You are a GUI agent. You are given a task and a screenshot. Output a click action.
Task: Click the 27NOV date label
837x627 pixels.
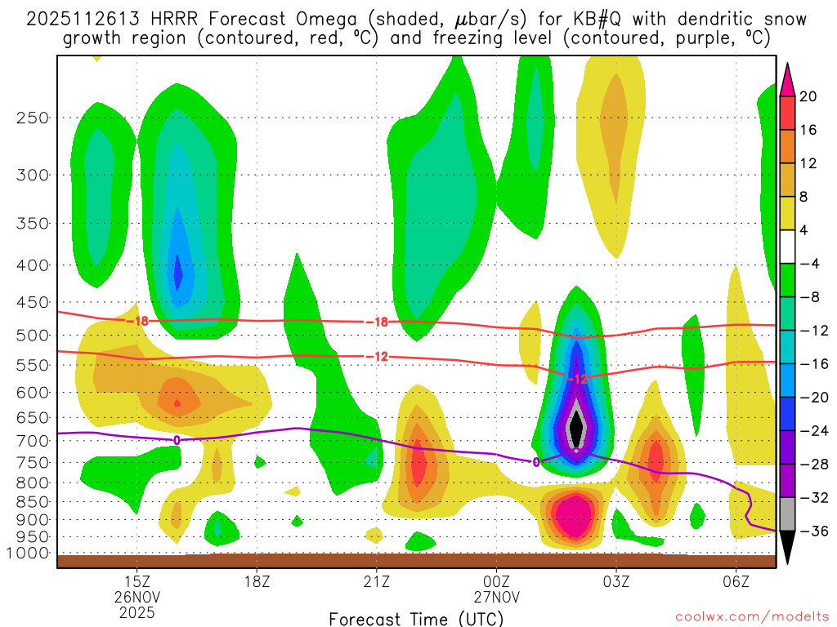(x=496, y=596)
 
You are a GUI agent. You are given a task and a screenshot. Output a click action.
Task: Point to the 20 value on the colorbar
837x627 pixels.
(x=808, y=96)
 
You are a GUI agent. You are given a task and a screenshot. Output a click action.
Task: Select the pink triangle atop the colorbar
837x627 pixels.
(x=788, y=79)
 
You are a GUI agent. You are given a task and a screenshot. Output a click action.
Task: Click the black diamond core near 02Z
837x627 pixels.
(x=576, y=426)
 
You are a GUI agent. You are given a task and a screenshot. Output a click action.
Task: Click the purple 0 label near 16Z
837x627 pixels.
(x=177, y=439)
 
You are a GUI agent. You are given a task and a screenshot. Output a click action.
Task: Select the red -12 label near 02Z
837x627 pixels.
(x=577, y=379)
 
